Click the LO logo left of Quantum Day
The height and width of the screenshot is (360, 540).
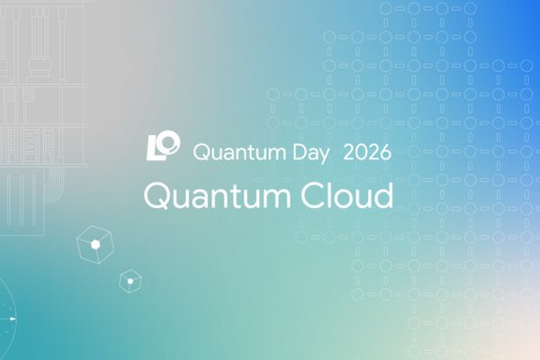tap(163, 146)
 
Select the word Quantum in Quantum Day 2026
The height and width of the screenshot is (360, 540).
tap(239, 152)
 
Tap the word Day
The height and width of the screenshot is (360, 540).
tap(311, 153)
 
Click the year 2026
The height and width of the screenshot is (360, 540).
tap(367, 152)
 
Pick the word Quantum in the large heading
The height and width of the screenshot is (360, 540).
tap(217, 195)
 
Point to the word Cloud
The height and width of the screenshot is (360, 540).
tap(346, 195)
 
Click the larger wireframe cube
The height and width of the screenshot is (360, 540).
tap(95, 245)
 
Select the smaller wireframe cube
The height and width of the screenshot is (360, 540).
tap(130, 281)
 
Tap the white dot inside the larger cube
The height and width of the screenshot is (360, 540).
tap(95, 245)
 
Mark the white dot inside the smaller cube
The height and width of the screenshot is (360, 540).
tap(130, 282)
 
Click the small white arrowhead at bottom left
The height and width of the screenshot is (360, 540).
tap(13, 319)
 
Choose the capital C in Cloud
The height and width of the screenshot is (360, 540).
tap(313, 195)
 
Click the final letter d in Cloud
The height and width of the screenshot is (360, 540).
tap(383, 195)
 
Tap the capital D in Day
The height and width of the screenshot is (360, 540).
tap(300, 152)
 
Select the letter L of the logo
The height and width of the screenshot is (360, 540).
tap(153, 148)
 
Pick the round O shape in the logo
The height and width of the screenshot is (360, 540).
tap(169, 141)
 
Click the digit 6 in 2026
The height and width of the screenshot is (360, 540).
tap(385, 152)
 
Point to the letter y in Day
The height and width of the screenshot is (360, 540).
tap(324, 156)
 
